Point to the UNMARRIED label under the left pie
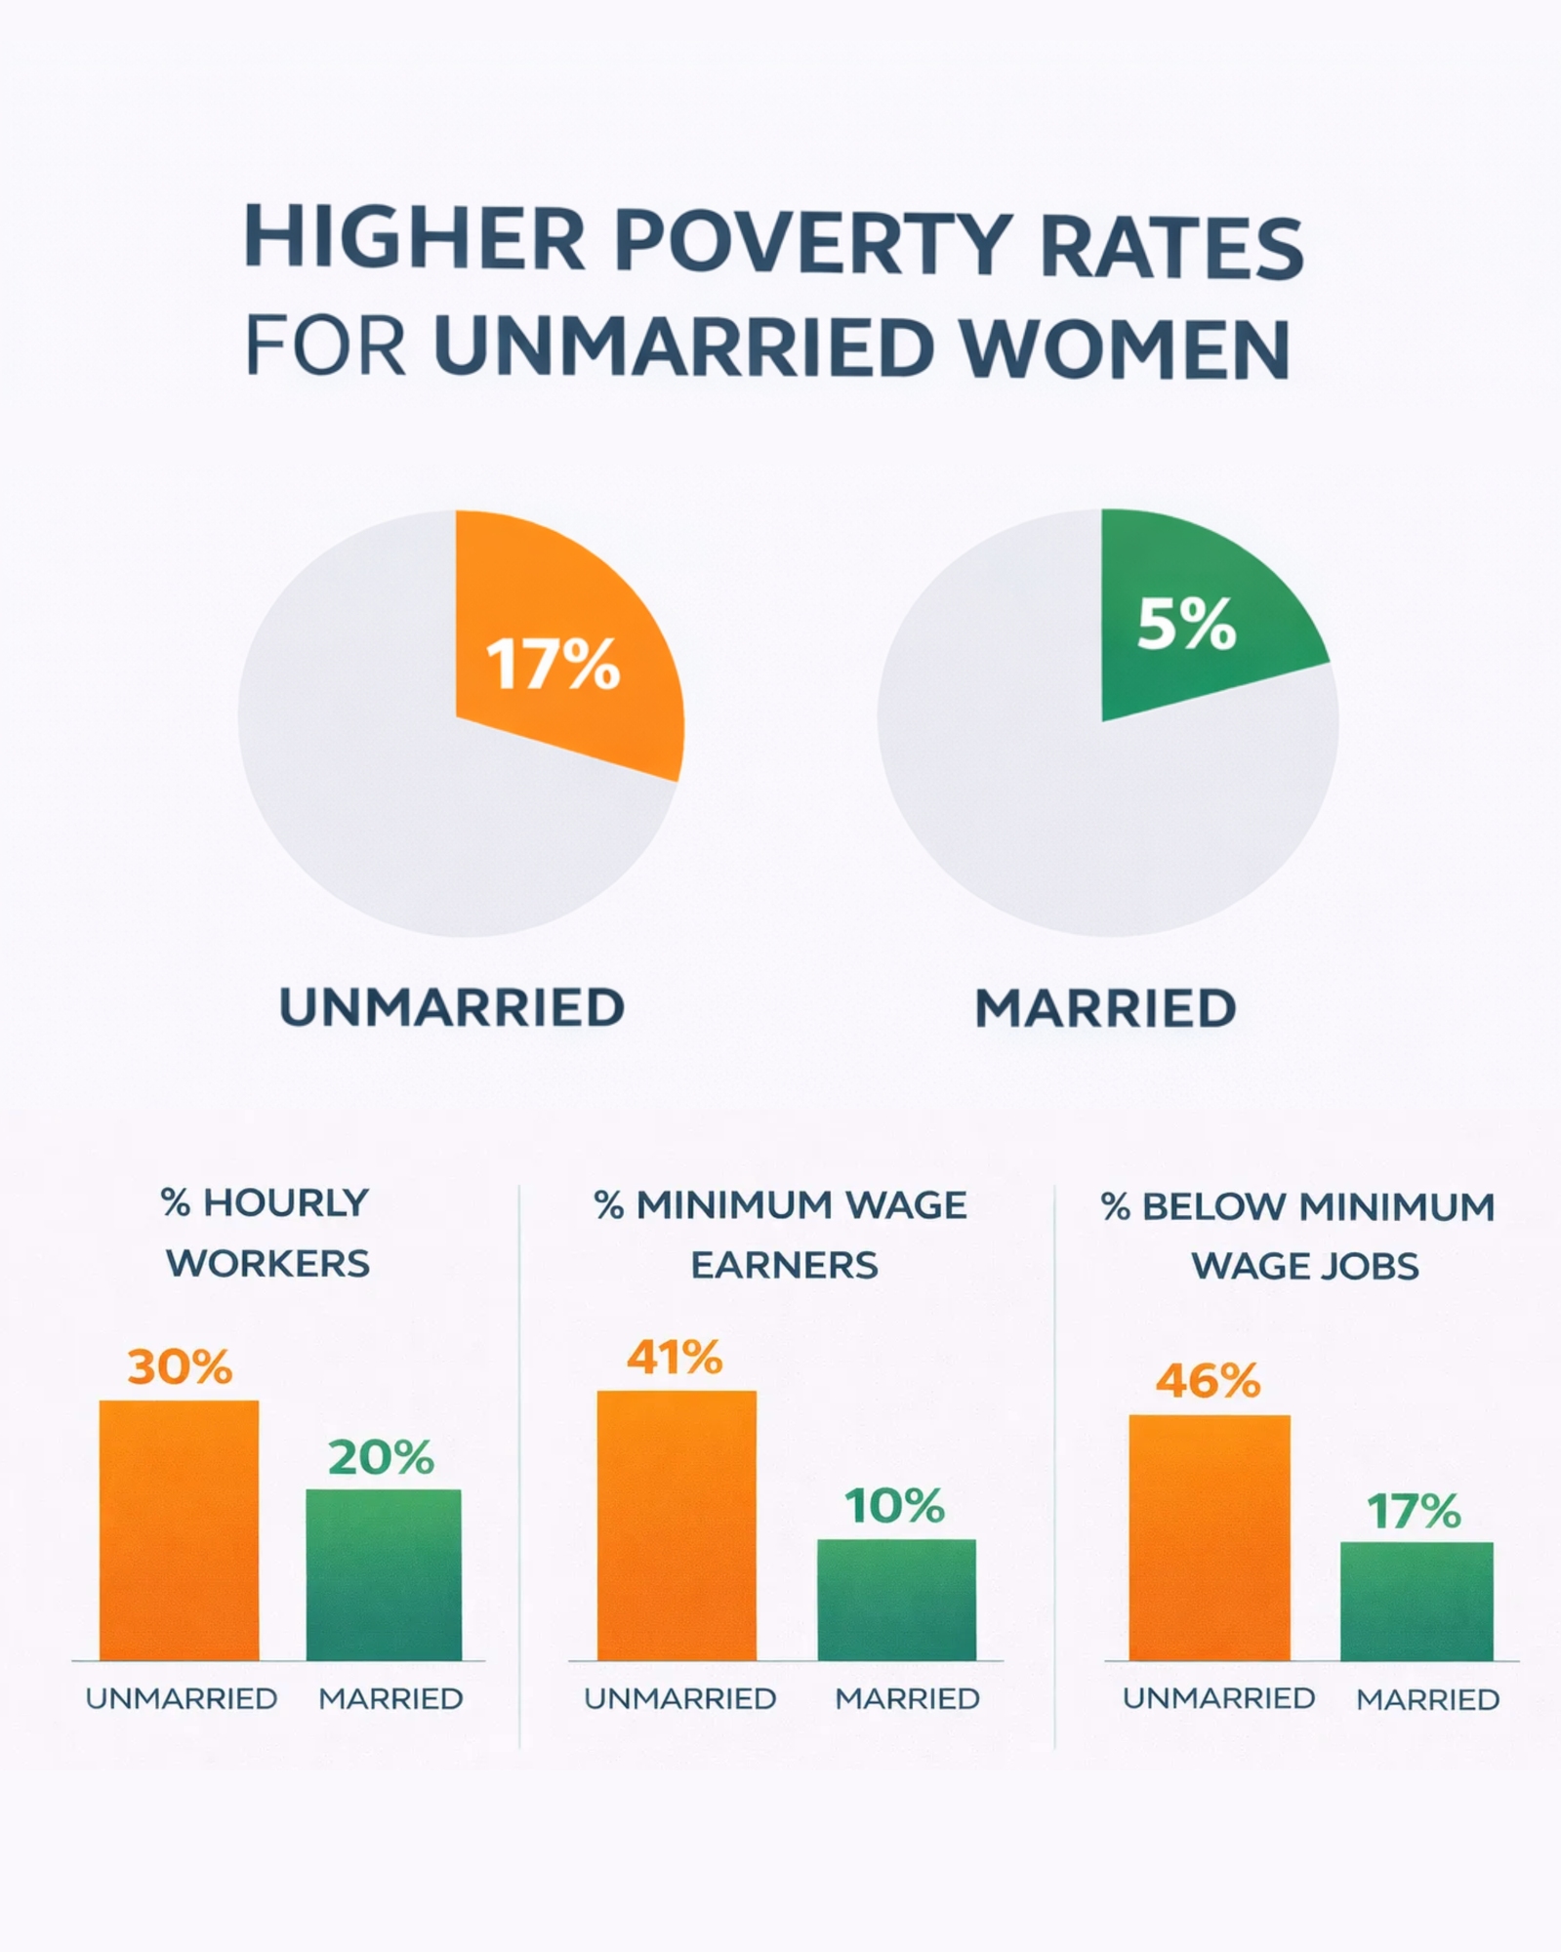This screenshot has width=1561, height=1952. click(x=452, y=1007)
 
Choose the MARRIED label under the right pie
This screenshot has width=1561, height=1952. click(x=1105, y=1008)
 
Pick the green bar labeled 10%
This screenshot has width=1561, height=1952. click(x=896, y=1600)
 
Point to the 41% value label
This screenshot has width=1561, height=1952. click(x=675, y=1358)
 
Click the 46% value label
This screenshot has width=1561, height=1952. click(x=1209, y=1381)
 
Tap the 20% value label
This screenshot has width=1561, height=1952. click(x=381, y=1458)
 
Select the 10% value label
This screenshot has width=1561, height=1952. click(x=894, y=1506)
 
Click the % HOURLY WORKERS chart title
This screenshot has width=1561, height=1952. click(x=267, y=1233)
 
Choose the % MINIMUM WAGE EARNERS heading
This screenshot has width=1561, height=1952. click(x=782, y=1235)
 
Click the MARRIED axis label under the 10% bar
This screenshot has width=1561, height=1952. click(x=907, y=1699)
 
